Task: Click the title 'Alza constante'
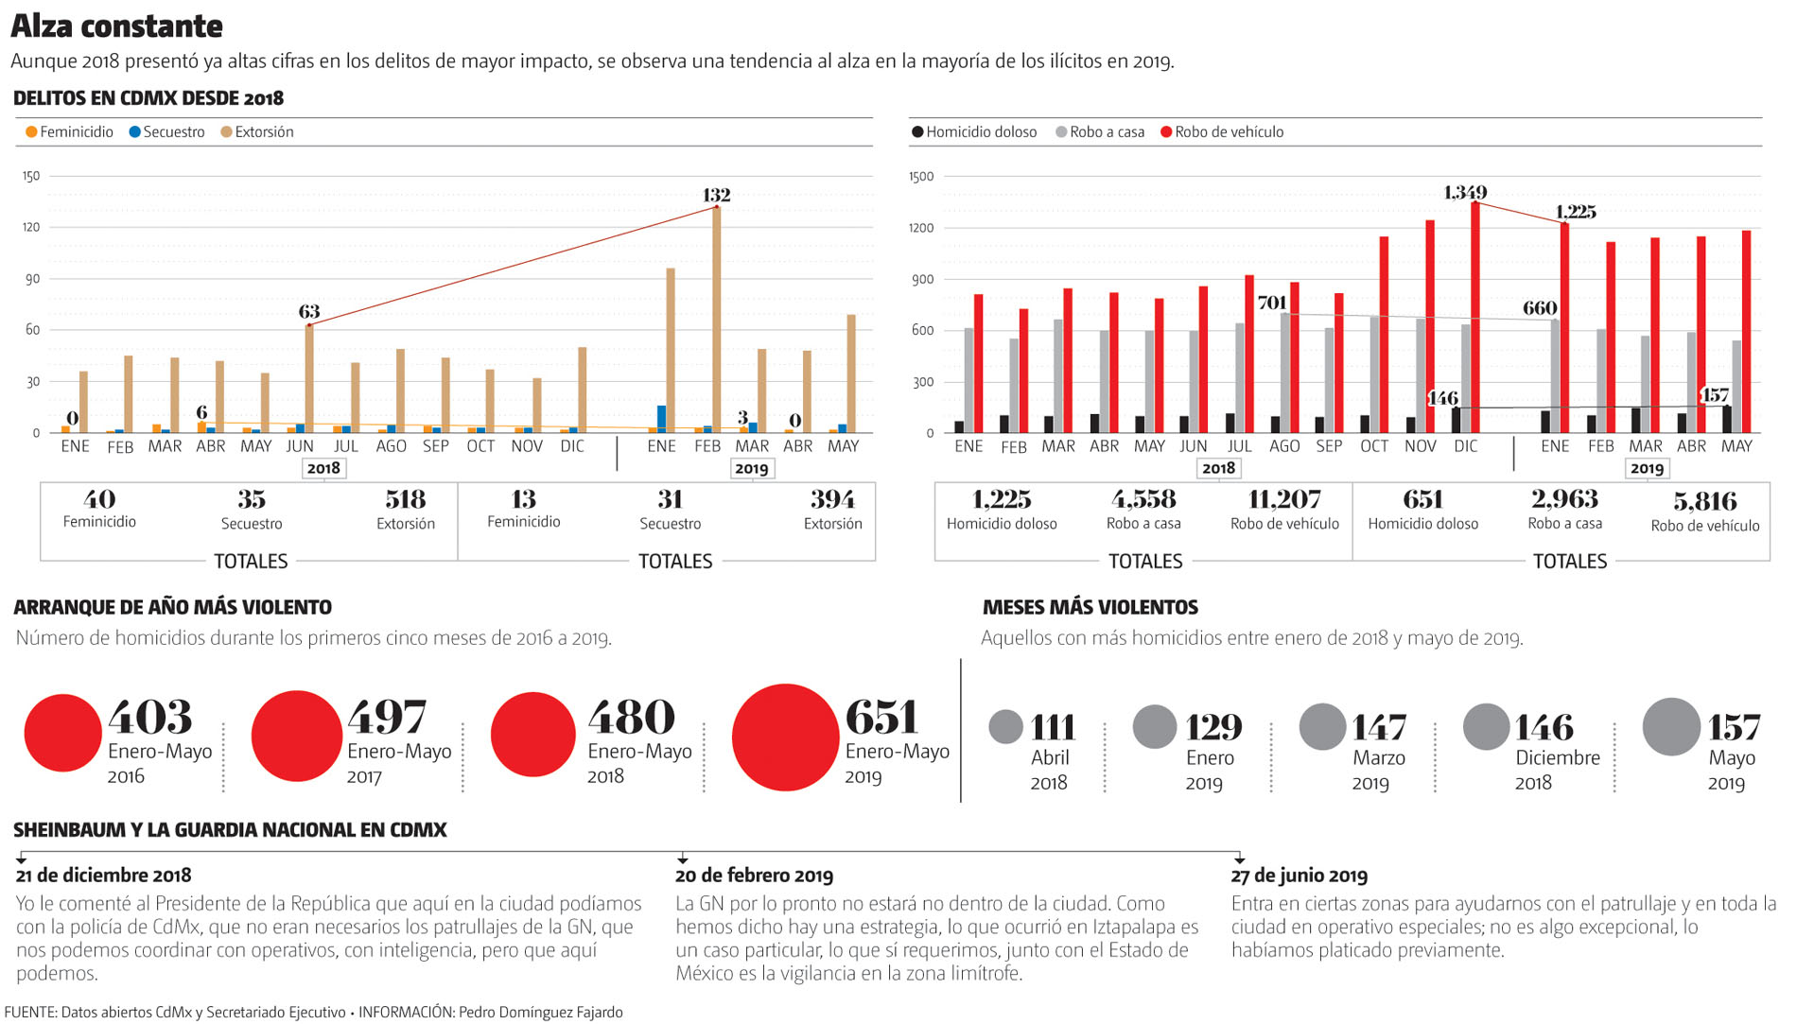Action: (116, 26)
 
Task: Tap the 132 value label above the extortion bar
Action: (716, 196)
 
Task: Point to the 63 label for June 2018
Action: (309, 312)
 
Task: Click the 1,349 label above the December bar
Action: (1465, 193)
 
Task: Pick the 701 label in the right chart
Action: (1272, 303)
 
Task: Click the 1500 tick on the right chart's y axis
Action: (921, 177)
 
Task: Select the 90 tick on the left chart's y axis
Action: (32, 279)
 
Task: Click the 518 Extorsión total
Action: (406, 499)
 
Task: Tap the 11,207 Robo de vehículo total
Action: (1284, 499)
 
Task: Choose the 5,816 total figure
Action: (1705, 501)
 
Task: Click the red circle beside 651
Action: (785, 738)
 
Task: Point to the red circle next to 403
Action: (62, 733)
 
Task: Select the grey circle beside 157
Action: (1671, 727)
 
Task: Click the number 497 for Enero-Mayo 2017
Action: (388, 718)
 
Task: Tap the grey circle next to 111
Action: (1005, 727)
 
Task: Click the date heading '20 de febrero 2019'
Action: (754, 876)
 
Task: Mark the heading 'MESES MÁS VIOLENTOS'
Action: (1090, 607)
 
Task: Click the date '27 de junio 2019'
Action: (1300, 876)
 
